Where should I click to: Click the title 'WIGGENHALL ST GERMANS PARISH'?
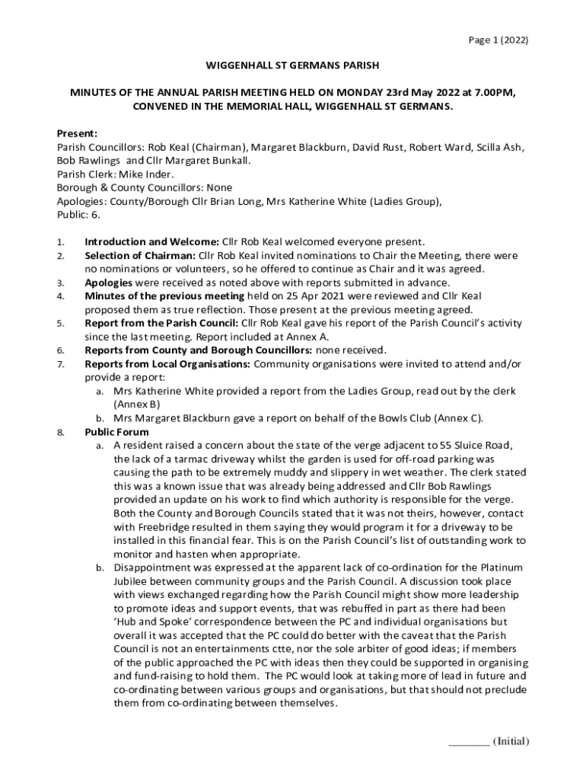(x=293, y=66)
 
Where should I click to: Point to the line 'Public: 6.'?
(x=79, y=215)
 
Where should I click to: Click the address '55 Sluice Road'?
(x=464, y=445)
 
